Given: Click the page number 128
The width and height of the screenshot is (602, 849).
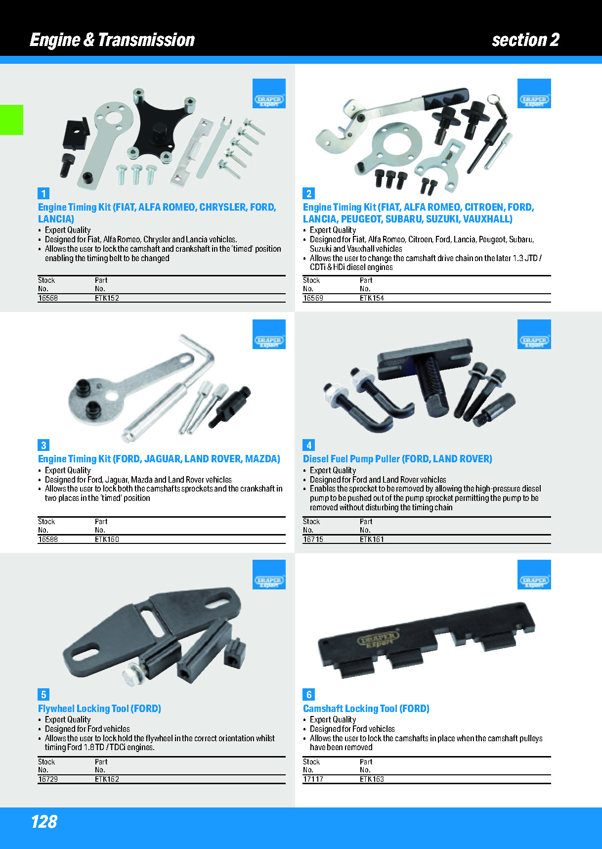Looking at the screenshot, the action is (44, 821).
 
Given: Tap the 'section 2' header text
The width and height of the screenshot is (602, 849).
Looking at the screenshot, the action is (525, 40).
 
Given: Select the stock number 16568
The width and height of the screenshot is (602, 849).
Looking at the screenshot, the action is (48, 298).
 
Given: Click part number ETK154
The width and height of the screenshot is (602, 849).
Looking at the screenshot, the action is (372, 298).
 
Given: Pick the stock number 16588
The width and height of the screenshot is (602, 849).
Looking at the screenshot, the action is (48, 539).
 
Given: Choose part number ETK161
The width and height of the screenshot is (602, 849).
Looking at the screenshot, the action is (372, 539).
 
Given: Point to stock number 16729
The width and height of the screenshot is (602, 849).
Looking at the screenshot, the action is (48, 779).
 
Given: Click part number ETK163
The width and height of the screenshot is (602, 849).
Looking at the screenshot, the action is (372, 779).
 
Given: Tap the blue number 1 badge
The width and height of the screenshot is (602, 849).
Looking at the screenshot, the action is (43, 193).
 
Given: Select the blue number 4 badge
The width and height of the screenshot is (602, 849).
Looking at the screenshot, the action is (308, 445).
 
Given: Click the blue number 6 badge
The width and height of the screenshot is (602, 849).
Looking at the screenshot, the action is (308, 694).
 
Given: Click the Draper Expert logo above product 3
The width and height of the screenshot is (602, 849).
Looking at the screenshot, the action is (269, 334).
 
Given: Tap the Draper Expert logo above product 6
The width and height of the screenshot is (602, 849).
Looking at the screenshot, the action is (534, 575).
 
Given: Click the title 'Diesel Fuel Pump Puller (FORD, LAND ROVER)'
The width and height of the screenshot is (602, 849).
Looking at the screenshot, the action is (397, 459).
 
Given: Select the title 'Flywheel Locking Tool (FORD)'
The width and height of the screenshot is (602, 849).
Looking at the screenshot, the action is (99, 709).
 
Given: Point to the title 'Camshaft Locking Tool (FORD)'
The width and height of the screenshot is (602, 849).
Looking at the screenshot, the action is (366, 709).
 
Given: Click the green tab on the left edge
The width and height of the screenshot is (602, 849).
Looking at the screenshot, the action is (11, 120).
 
